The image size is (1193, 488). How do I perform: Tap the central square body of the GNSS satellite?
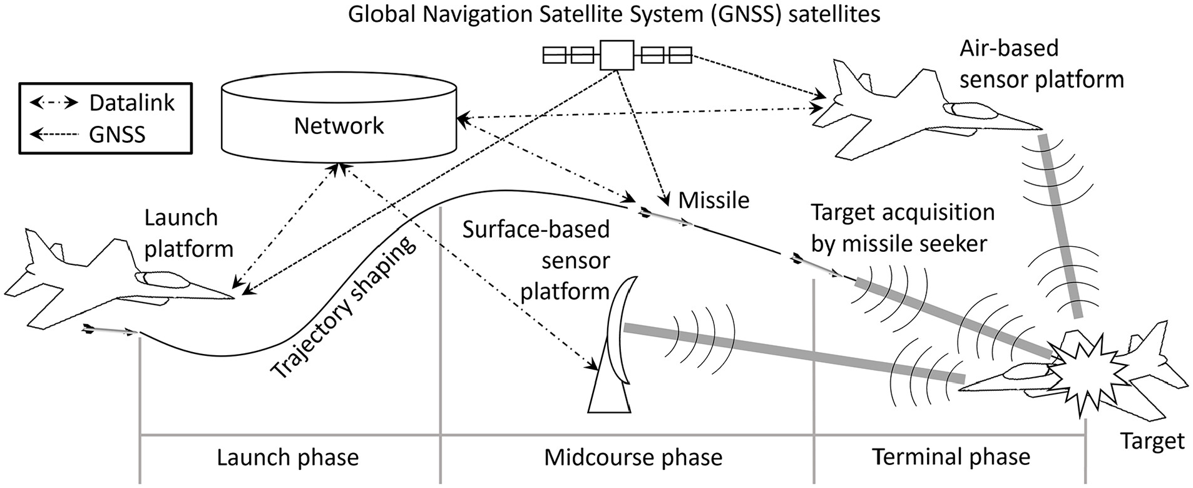click(617, 56)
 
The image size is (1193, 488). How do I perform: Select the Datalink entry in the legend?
click(104, 103)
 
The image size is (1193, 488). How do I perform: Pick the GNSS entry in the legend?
click(88, 134)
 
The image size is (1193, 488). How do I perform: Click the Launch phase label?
click(288, 457)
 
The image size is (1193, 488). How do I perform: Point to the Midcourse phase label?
click(633, 457)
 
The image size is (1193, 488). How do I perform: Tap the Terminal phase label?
click(951, 457)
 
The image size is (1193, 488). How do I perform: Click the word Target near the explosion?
click(1152, 441)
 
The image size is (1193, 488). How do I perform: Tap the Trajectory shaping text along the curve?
click(343, 308)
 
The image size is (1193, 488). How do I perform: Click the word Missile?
click(714, 200)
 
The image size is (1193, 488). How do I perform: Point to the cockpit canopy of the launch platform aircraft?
click(160, 279)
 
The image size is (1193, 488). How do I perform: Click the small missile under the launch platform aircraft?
click(110, 330)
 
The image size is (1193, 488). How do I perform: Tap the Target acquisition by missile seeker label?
click(902, 228)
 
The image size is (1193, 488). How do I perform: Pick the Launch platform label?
click(188, 233)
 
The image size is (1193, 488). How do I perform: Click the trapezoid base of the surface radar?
click(607, 392)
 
